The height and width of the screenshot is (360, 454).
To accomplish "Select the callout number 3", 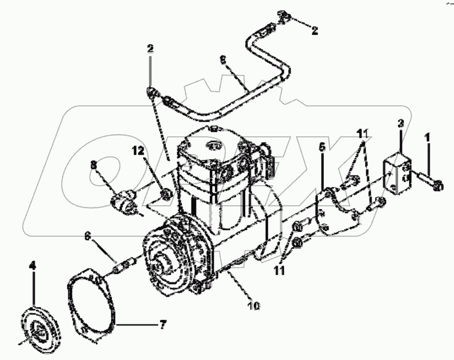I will (400, 125).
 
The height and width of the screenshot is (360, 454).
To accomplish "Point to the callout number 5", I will (322, 147).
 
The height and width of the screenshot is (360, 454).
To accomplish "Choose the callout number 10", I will (254, 306).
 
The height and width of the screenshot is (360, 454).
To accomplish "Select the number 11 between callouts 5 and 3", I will (362, 132).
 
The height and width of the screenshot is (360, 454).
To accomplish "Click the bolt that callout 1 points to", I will (432, 181).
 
